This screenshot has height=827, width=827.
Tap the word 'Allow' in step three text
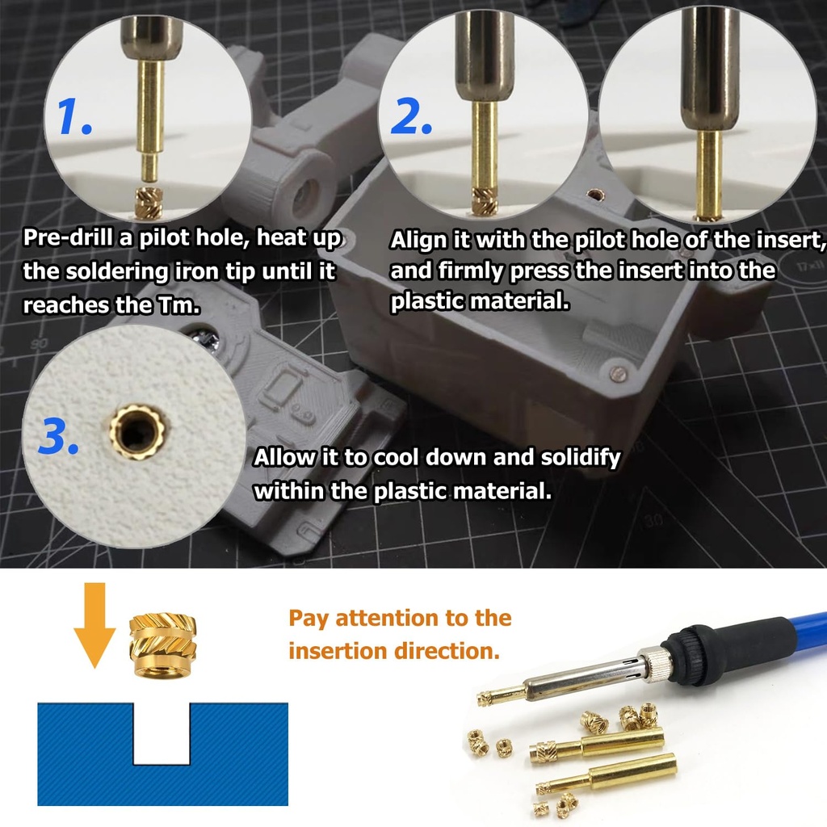click(284, 458)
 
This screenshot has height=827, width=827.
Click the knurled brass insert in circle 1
click(149, 203)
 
